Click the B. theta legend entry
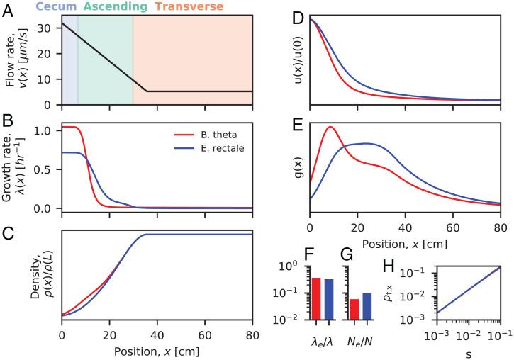point(203,135)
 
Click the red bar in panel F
point(315,298)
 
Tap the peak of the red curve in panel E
point(330,127)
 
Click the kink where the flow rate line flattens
point(146,91)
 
